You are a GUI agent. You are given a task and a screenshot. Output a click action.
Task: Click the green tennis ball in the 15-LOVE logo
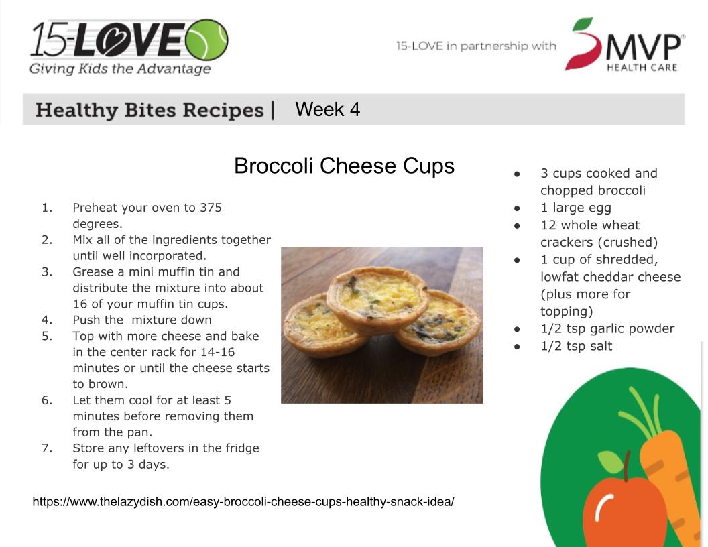coord(206,40)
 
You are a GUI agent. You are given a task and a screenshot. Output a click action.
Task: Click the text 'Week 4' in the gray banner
coord(327,109)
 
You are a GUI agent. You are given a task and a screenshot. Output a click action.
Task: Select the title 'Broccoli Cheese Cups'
coord(344,166)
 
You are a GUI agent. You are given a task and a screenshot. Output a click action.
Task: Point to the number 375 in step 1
coord(211,208)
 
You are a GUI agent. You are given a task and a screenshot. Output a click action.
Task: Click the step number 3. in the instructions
coord(47,271)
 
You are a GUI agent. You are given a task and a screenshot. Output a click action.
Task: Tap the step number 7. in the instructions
coord(47,448)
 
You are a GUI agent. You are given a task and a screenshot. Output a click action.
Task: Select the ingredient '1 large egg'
coord(576,208)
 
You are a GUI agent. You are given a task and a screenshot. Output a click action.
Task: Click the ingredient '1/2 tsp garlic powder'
coord(607,329)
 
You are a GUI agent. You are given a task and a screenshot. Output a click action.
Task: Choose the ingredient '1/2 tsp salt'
coord(576,346)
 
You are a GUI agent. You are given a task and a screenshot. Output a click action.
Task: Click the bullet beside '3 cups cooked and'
coord(517,174)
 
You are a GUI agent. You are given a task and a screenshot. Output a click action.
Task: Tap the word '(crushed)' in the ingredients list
coord(628,243)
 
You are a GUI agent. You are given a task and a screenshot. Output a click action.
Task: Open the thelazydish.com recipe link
coord(243,502)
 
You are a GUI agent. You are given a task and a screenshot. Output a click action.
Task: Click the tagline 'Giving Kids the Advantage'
coord(120,69)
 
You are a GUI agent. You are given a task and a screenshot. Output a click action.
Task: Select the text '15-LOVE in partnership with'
coord(476,46)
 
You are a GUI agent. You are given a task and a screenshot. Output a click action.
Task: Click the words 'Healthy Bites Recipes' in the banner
coord(150,110)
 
